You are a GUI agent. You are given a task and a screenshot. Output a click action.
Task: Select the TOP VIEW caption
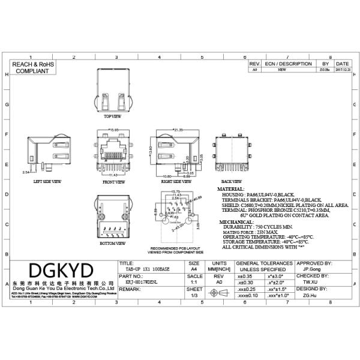tap(112, 116)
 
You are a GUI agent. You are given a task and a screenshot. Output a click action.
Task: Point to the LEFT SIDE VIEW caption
tap(47, 180)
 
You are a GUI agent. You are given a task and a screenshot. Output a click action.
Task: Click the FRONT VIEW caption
tap(113, 181)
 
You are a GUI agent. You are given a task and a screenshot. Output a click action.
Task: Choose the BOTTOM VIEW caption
tap(113, 244)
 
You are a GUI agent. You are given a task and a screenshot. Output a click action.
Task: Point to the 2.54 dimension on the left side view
tap(26, 172)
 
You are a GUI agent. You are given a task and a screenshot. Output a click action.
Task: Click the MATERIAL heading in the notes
tap(231, 188)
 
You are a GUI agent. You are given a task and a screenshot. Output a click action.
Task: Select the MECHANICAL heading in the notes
tap(235, 221)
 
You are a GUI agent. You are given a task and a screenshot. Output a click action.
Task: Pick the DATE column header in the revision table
tap(342, 63)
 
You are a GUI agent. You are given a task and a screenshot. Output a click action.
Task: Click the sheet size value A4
tap(194, 270)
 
